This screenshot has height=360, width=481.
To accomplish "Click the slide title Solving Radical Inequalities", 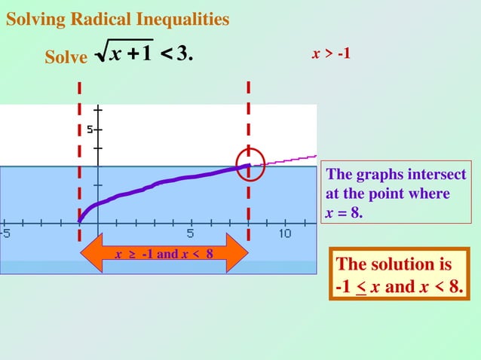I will pyautogui.click(x=118, y=20).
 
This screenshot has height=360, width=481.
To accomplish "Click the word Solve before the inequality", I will pyautogui.click(x=66, y=58).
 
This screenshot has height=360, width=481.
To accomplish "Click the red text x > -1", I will pyautogui.click(x=332, y=54).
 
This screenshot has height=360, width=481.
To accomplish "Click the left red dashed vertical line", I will pyautogui.click(x=79, y=151).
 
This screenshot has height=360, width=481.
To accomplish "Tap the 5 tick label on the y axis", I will pyautogui.click(x=90, y=130).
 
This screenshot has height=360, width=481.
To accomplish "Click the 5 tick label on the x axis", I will pyautogui.click(x=191, y=233).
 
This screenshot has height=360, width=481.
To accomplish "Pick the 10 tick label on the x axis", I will pyautogui.click(x=284, y=233).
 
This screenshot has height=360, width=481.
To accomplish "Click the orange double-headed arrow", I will pyautogui.click(x=164, y=254).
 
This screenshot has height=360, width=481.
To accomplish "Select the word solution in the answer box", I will pyautogui.click(x=415, y=265).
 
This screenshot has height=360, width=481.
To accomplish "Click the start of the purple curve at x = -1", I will pyautogui.click(x=80, y=221).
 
